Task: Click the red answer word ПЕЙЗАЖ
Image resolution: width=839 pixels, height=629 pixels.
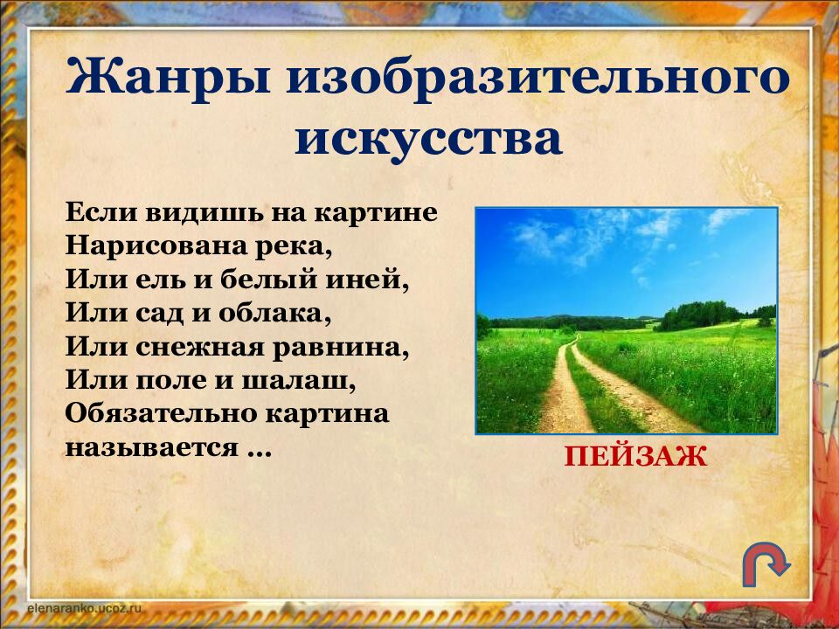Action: pos(635,456)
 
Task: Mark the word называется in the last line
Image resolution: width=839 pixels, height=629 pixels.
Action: pos(151,448)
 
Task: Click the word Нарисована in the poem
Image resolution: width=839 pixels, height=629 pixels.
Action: pos(154,246)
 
